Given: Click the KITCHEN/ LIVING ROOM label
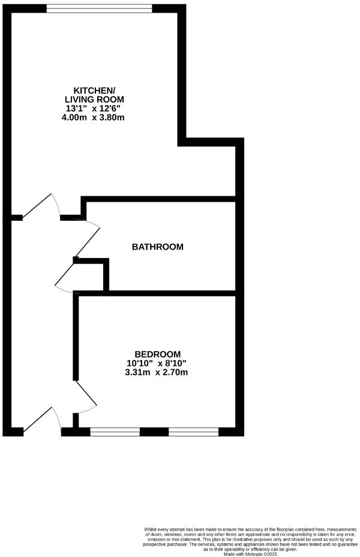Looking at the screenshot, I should (99, 94).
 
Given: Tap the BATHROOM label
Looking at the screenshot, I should (158, 247).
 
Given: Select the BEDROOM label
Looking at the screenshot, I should (157, 354).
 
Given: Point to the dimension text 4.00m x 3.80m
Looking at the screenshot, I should (99, 117).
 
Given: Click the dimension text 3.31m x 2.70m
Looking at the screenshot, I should (157, 372).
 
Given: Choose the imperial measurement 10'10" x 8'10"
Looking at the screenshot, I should (157, 363).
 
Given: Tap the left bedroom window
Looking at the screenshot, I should (115, 431).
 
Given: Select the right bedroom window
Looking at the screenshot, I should (193, 431).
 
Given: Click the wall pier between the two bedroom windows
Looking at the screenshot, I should (154, 431).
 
